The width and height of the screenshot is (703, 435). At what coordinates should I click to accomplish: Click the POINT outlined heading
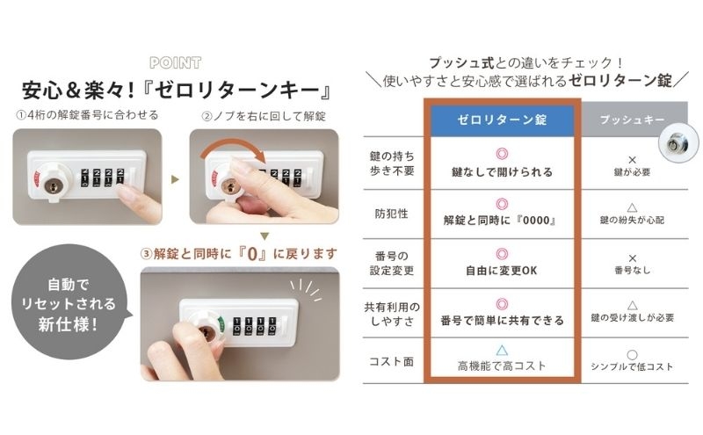click(x=175, y=62)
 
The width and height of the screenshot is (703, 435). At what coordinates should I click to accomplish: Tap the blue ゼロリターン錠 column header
click(x=502, y=120)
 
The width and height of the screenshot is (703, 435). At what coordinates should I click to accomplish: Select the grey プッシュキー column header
click(x=632, y=120)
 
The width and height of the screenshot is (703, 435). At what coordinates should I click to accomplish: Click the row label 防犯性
click(x=391, y=214)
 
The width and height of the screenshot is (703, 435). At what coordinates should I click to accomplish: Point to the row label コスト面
click(x=391, y=361)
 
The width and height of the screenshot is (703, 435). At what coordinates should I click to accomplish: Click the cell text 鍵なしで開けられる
click(x=502, y=171)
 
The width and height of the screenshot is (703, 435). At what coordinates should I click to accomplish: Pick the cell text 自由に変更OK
click(x=502, y=271)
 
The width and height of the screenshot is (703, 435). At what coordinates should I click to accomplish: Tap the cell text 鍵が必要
click(x=632, y=171)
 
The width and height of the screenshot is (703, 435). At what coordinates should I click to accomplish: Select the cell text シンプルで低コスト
click(x=632, y=366)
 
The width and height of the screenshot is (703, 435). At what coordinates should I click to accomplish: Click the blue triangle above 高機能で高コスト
click(x=502, y=350)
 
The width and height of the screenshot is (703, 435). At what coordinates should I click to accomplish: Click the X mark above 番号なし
click(x=632, y=258)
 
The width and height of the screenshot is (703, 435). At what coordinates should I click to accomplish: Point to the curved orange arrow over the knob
click(x=232, y=147)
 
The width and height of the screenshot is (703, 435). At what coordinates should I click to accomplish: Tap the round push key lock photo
click(x=678, y=142)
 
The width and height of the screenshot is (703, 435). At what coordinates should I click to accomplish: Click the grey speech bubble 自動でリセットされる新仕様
click(x=69, y=302)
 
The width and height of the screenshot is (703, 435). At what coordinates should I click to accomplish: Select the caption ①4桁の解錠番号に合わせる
click(x=87, y=115)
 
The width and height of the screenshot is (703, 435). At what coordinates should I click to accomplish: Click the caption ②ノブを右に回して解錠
click(x=265, y=117)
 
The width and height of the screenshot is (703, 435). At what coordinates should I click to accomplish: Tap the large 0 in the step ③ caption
click(x=252, y=255)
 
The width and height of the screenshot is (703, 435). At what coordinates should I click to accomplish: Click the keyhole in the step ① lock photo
click(x=53, y=185)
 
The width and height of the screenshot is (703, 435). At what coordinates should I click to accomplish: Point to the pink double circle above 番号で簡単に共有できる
click(x=502, y=304)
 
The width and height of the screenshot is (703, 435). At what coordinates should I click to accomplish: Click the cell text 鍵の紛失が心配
click(x=632, y=220)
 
